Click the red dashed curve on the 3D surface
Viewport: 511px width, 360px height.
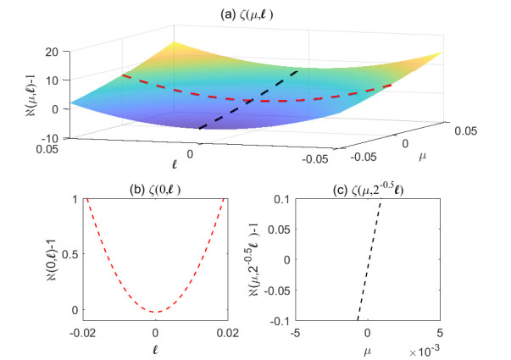coord(254,98)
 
